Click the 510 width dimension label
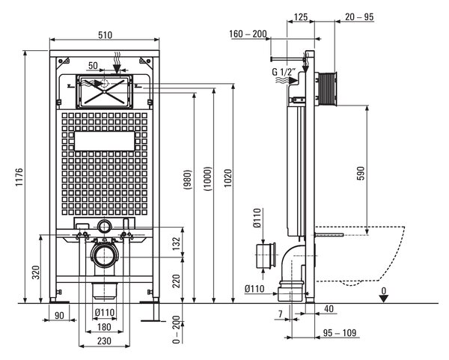(x=105, y=35)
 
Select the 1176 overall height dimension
(x=19, y=177)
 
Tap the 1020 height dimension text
(x=228, y=178)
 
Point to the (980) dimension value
(x=187, y=180)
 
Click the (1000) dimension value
(x=208, y=179)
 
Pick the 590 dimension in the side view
(x=361, y=174)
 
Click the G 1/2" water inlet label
(x=283, y=72)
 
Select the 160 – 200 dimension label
(x=248, y=34)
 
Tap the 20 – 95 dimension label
(x=359, y=17)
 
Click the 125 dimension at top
(x=301, y=17)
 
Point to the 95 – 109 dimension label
(x=340, y=332)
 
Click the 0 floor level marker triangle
(x=383, y=299)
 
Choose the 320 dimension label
(x=36, y=272)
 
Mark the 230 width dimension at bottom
(x=104, y=341)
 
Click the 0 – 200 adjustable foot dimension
(x=177, y=329)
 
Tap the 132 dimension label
(x=177, y=243)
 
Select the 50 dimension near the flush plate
(x=93, y=66)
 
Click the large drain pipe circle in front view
(x=105, y=255)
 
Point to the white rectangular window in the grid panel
(x=105, y=141)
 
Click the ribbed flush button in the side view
(x=327, y=88)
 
